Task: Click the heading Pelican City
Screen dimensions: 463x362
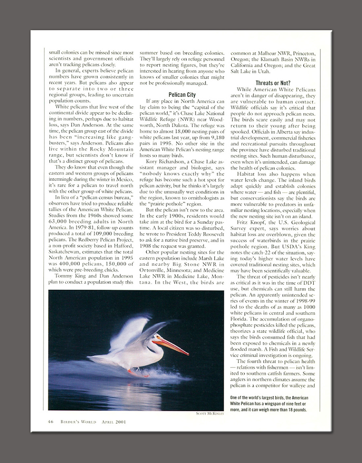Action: click(182, 95)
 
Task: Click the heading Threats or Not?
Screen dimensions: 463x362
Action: click(273, 83)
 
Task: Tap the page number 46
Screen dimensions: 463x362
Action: click(50, 422)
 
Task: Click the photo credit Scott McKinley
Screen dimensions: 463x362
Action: click(210, 413)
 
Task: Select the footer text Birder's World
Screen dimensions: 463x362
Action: click(78, 422)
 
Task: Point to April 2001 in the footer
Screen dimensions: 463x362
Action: click(113, 422)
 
